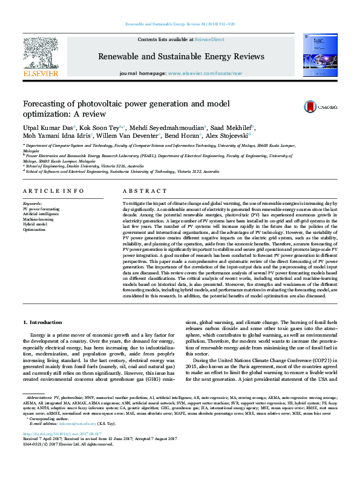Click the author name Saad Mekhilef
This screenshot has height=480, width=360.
[235, 128]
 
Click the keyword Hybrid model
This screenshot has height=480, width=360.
[36, 224]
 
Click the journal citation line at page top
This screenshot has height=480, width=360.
[180, 24]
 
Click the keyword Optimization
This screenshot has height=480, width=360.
[34, 229]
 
